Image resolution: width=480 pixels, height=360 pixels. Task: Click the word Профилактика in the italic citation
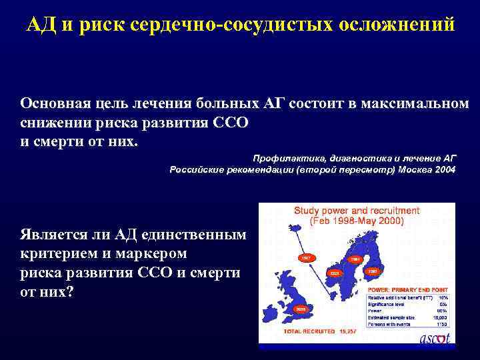283,157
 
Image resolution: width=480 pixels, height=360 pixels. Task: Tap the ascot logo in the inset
435,338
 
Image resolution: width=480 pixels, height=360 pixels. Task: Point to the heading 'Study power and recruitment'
357,211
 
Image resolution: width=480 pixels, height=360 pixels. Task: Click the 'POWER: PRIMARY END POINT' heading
407,290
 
